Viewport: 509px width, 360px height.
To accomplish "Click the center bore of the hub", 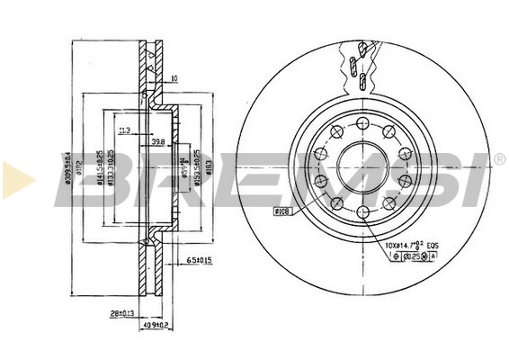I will pyautogui.click(x=362, y=166).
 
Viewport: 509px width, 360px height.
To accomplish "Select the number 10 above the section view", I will pyautogui.click(x=174, y=79).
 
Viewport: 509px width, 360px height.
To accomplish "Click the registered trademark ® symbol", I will pyautogui.click(x=498, y=159).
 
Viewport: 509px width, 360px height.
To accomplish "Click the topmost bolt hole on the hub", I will pyautogui.click(x=362, y=123).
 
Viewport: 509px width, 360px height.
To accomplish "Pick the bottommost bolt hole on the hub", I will pyautogui.click(x=362, y=211).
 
